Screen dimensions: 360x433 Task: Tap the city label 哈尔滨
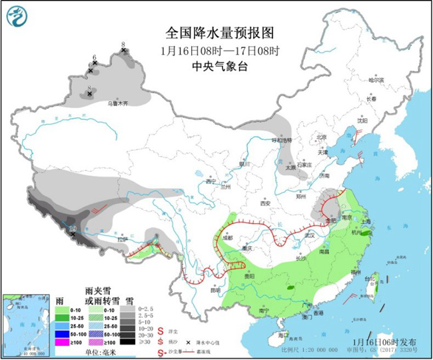(x=376, y=79)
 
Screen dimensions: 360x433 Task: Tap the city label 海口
(x=283, y=334)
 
